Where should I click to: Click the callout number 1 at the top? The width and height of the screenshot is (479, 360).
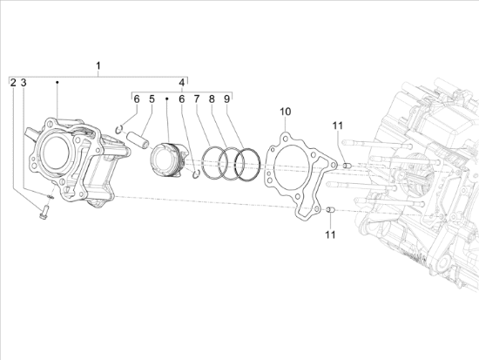click(98, 65)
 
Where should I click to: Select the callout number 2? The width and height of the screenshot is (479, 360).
click(13, 83)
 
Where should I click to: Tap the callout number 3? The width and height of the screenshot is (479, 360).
click(24, 83)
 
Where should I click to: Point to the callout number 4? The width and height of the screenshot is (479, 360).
click(182, 83)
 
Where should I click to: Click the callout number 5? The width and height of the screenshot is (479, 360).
click(152, 99)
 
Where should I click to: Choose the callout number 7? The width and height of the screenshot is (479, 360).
click(197, 99)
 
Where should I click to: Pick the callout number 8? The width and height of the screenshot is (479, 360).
click(212, 99)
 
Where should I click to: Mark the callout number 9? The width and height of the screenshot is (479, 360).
click(226, 99)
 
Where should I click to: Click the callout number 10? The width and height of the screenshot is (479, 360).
click(286, 112)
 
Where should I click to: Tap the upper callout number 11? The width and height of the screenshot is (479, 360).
click(338, 126)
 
